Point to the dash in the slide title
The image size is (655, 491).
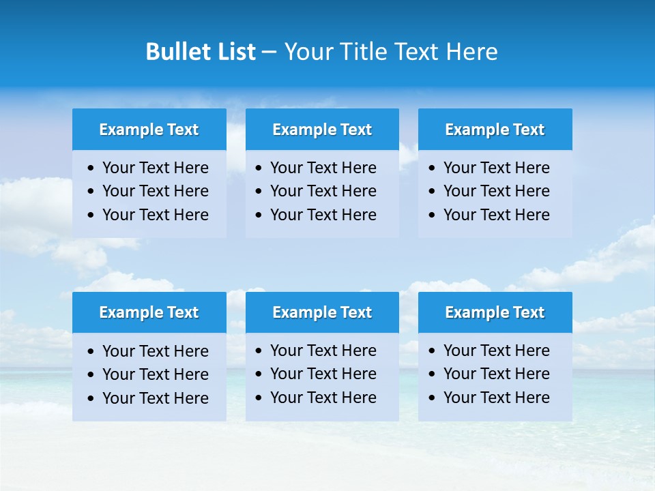(x=269, y=52)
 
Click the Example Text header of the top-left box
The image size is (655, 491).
(x=149, y=130)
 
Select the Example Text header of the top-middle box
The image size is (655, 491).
(x=322, y=130)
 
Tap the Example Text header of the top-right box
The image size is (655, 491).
(x=495, y=130)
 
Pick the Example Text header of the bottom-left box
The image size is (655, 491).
(x=149, y=312)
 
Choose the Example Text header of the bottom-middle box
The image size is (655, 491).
(x=322, y=312)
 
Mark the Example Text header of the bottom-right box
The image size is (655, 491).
(x=495, y=312)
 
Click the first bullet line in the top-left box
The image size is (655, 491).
(x=155, y=168)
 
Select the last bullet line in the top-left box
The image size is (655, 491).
(x=155, y=215)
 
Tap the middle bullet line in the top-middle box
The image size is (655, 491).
(x=323, y=191)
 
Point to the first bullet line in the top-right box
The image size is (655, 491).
(x=496, y=168)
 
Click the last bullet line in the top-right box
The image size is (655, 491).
(x=496, y=215)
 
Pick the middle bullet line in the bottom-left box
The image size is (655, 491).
(x=155, y=374)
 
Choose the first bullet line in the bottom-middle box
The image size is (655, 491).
(x=323, y=351)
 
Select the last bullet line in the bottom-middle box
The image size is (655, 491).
(x=323, y=398)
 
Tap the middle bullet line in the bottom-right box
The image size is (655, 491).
(x=496, y=374)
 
